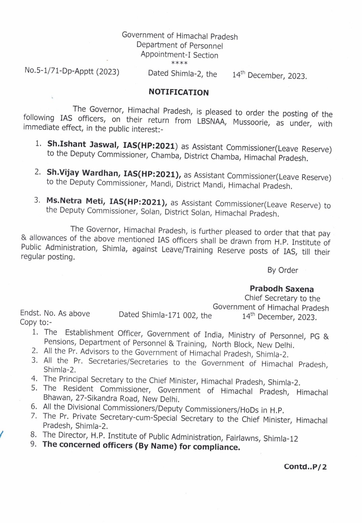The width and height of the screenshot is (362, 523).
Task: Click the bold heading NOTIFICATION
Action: coord(178,92)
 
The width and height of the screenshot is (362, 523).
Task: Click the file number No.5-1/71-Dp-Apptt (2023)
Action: coord(72,71)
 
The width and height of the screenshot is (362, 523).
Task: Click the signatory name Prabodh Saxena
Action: coord(281,289)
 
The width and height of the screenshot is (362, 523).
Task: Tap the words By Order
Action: coord(282,270)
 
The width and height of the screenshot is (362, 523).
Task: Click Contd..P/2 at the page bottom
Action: coord(305,467)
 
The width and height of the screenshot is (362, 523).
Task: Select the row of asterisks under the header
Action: coord(179,63)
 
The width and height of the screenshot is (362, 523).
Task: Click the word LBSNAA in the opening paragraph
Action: coord(211,121)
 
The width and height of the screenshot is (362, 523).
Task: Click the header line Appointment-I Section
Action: coord(179,55)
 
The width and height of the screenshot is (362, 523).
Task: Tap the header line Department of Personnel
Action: coord(179,45)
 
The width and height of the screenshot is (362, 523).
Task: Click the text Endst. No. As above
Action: coord(55,313)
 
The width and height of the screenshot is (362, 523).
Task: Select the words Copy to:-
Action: coord(36,322)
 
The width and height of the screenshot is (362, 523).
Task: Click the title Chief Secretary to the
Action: coord(282,298)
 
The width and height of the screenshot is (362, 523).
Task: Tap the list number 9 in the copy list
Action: coord(34,444)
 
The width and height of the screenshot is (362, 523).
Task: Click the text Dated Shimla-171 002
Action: coord(158,315)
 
